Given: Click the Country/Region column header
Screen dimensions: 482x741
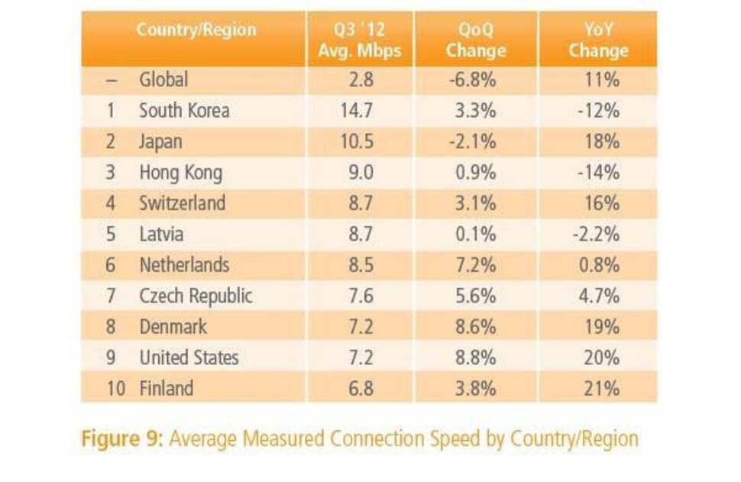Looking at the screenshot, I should [196, 31].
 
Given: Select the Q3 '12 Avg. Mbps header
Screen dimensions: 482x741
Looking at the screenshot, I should [359, 41].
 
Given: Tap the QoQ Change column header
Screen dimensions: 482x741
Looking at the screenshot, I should [476, 41].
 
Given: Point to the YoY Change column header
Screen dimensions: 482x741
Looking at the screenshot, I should [598, 41].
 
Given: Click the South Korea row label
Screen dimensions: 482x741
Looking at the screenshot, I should [183, 110].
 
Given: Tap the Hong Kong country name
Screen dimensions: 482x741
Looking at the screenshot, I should [180, 173].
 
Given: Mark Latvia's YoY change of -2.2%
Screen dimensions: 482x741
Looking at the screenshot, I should [596, 235].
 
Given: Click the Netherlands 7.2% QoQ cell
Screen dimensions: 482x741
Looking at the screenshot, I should [476, 265].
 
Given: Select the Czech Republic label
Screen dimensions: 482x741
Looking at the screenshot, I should [196, 296].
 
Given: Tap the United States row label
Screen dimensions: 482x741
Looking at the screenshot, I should [189, 357].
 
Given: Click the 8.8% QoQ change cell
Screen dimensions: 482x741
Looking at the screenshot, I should [476, 357].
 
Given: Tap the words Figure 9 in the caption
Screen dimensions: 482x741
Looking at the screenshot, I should [123, 439].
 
